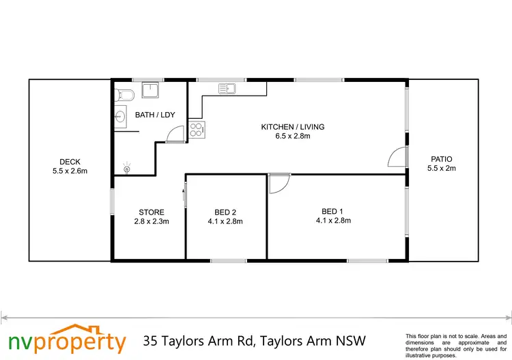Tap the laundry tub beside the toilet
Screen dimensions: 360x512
150,91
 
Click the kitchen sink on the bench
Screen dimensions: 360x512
227,88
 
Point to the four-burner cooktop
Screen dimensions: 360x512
197,129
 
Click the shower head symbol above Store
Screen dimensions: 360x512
126,166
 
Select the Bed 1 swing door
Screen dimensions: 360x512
279,183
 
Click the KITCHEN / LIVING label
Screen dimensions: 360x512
292,126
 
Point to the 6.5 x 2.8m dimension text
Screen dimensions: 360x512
292,136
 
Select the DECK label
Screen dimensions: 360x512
70,162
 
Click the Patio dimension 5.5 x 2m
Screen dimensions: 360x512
441,168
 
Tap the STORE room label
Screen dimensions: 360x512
150,212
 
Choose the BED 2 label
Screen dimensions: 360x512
225,212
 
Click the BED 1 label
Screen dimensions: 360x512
333,211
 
